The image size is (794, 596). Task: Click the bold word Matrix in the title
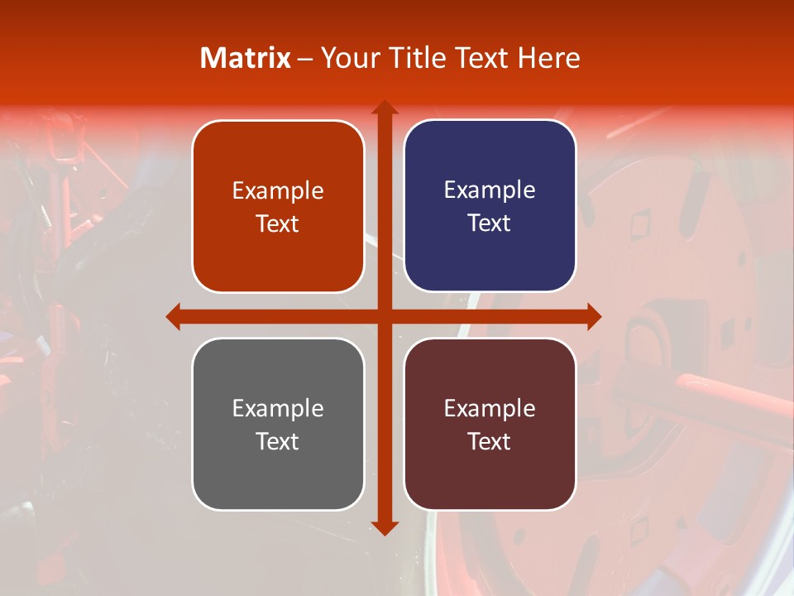[x=246, y=58]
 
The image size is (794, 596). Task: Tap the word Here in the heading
[x=548, y=58]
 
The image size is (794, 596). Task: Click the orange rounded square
[x=278, y=206]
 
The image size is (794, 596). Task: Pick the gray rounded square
[x=278, y=424]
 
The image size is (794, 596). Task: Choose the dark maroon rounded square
[x=490, y=424]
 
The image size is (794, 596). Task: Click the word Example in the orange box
[x=278, y=191]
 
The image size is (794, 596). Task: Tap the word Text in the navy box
[x=490, y=223]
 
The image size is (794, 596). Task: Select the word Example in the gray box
[x=278, y=408]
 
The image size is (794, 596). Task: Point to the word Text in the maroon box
[x=490, y=441]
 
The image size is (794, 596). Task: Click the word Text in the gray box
[x=278, y=441]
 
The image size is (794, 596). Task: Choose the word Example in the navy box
[x=490, y=190]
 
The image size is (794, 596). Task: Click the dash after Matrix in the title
[x=305, y=59]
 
